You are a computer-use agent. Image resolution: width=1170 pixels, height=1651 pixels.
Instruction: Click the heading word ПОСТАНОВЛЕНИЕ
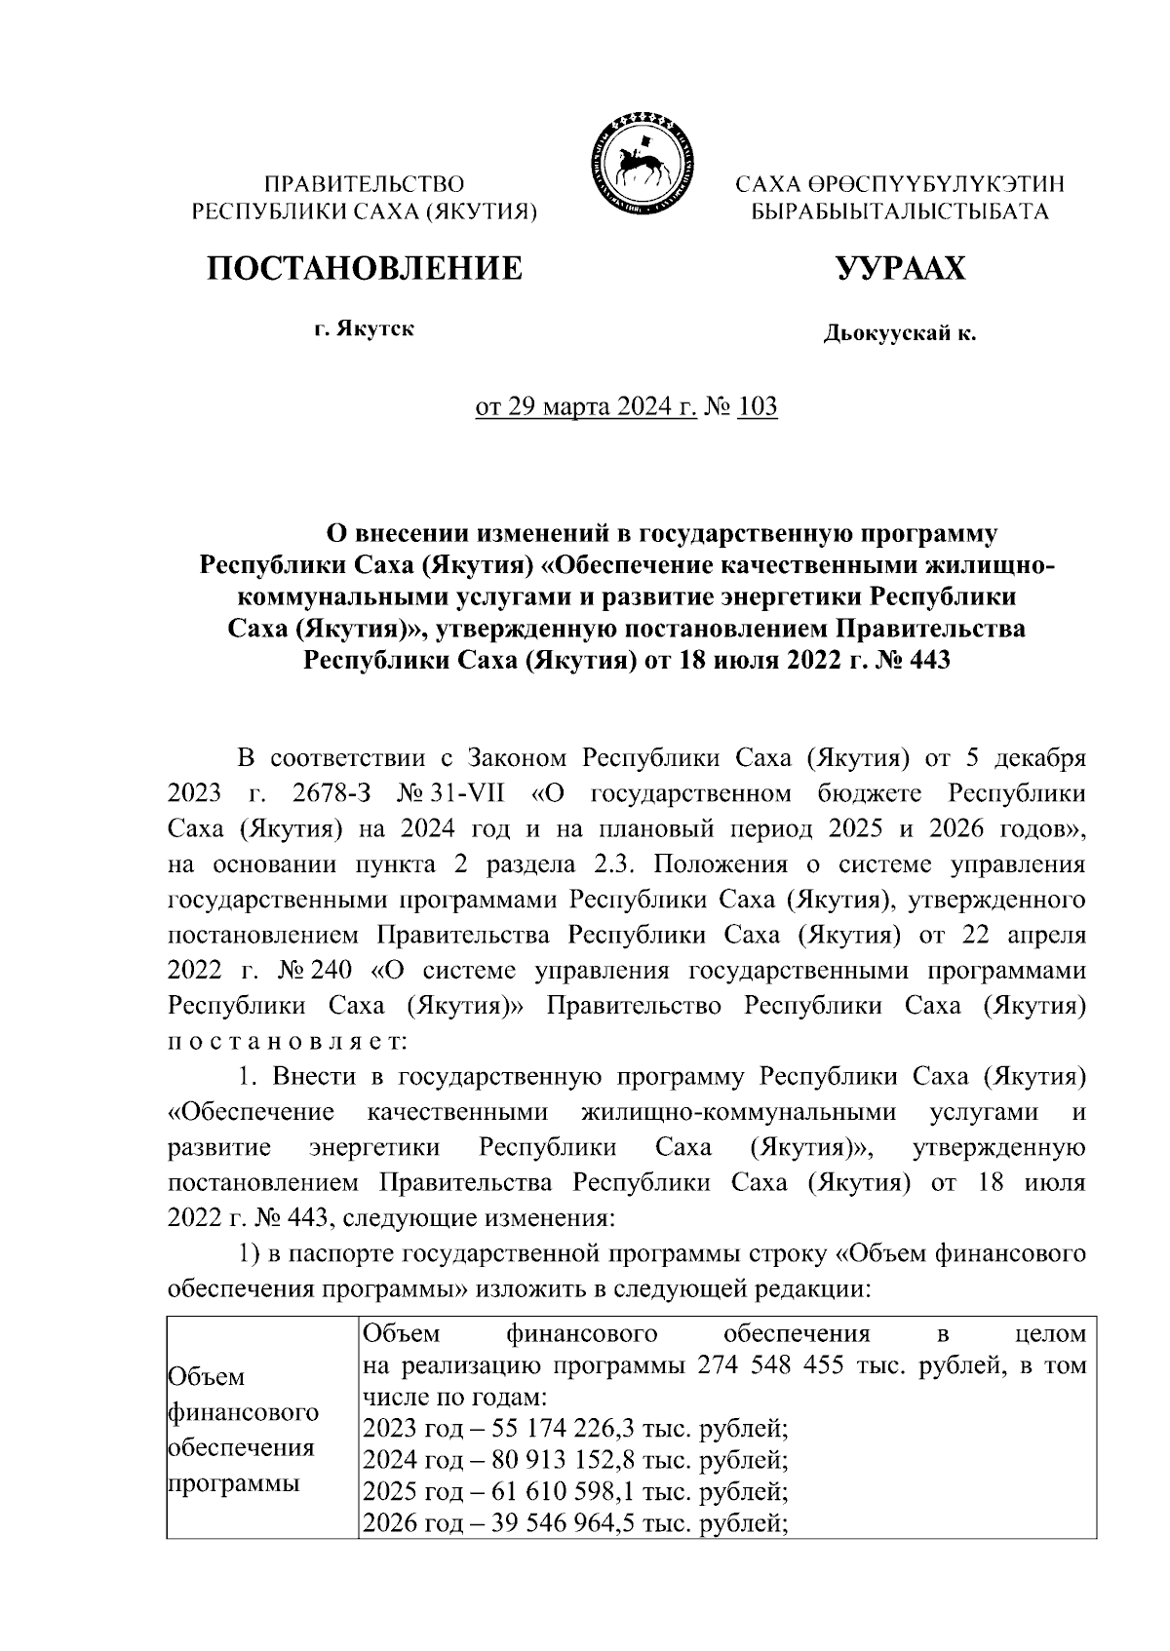(x=364, y=268)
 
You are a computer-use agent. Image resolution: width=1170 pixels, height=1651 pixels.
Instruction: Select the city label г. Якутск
(x=364, y=328)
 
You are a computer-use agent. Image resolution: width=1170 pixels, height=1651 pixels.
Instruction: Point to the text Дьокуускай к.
(x=899, y=334)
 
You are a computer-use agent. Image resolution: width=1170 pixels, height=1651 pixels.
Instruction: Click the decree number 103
(x=758, y=406)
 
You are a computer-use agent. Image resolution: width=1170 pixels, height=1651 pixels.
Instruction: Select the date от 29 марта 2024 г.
(x=585, y=406)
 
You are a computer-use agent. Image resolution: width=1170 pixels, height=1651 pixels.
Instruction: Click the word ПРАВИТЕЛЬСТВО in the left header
(x=365, y=183)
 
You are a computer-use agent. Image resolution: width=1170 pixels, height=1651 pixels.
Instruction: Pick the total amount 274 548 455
(x=762, y=1365)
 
